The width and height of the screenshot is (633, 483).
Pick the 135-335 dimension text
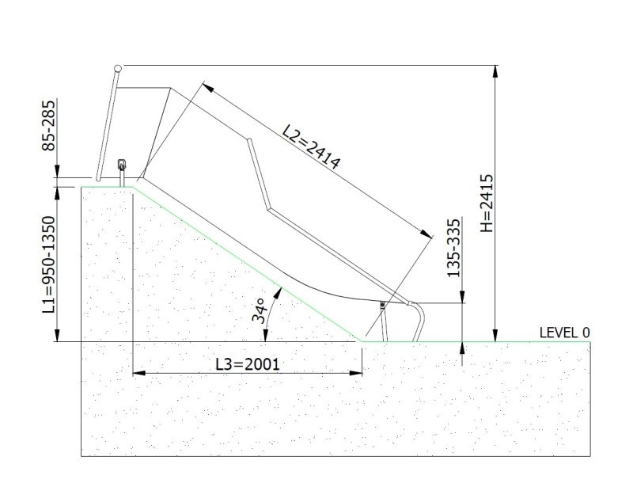tap(453, 248)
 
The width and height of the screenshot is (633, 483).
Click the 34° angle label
tap(260, 310)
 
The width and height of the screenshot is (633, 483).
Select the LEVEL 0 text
tap(564, 333)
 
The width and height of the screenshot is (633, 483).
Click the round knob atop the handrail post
tap(118, 68)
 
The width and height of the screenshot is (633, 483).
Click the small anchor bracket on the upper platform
tap(122, 167)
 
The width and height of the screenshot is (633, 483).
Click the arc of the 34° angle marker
tap(274, 305)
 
